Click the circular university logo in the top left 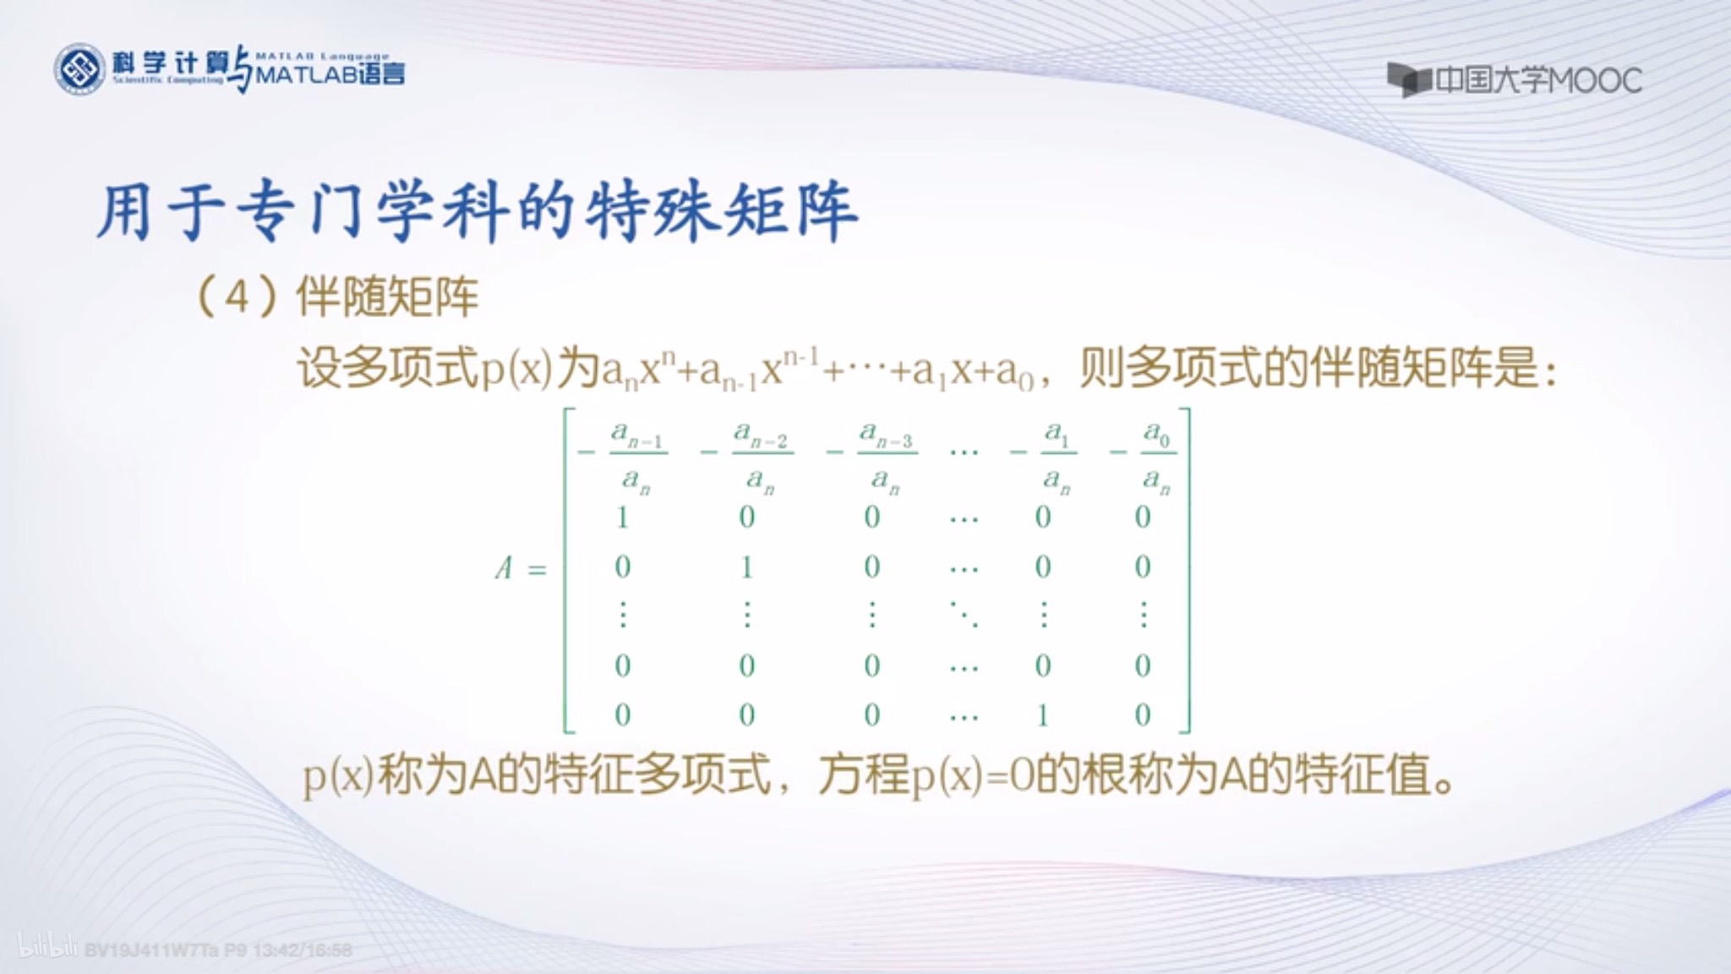click(x=79, y=69)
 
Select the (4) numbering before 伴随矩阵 click(x=237, y=297)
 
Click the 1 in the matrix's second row click(x=623, y=517)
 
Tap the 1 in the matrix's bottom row click(x=1043, y=716)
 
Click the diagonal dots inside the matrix click(x=964, y=615)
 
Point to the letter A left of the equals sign click(x=505, y=568)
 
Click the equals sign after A click(x=537, y=571)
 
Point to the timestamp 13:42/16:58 click(x=302, y=950)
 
